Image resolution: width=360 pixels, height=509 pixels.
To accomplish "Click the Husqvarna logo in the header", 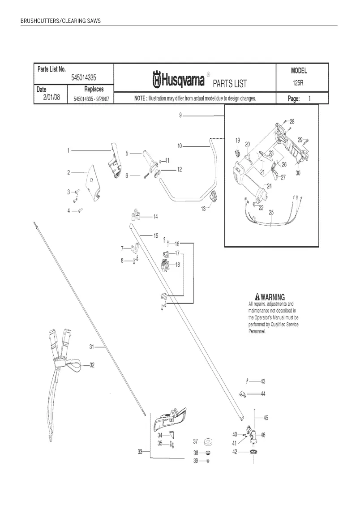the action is click(179, 80).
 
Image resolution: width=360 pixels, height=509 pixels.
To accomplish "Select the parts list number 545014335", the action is click(83, 78).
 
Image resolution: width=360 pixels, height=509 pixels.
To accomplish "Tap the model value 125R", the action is click(298, 83).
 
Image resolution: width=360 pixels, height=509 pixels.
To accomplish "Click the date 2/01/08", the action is click(51, 97).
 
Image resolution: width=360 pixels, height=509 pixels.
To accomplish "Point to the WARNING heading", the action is click(270, 297).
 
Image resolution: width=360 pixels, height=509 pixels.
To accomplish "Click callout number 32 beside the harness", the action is click(92, 365).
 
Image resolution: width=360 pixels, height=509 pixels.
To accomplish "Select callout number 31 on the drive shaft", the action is click(91, 347).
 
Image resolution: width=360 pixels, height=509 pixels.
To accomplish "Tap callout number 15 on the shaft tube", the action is click(156, 236).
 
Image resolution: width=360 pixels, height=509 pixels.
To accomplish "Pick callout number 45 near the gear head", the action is click(266, 418).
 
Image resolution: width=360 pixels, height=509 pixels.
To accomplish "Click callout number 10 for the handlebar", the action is click(180, 146).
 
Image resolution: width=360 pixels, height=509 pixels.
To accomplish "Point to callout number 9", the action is click(180, 115).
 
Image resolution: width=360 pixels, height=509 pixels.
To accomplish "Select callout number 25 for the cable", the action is click(271, 212).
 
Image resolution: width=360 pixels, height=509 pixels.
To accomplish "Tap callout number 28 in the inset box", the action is click(292, 122).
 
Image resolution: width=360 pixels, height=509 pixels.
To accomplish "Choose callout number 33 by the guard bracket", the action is click(140, 452).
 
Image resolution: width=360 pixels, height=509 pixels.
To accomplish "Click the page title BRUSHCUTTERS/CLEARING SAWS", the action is click(61, 21).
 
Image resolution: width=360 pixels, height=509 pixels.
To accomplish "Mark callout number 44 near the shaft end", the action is click(263, 394).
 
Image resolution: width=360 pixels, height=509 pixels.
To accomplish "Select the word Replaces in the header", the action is click(94, 89).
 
